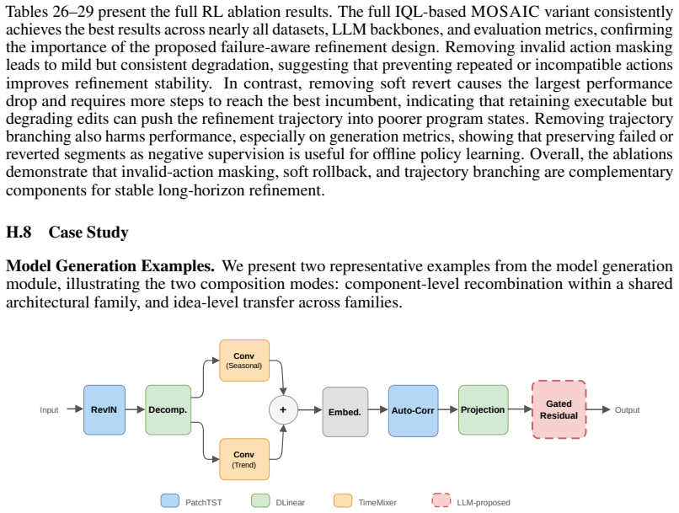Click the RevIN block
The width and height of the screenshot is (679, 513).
tap(104, 409)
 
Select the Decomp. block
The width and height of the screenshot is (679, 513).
tap(168, 409)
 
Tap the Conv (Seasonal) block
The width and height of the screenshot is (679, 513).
tap(244, 361)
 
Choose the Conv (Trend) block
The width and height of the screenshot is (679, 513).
tap(244, 459)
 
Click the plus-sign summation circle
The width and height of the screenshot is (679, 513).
tap(283, 409)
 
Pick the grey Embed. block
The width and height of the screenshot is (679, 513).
tap(345, 412)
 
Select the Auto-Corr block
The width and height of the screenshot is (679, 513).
tap(413, 410)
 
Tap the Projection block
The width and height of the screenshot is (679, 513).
tap(484, 409)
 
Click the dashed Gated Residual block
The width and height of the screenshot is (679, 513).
tap(559, 409)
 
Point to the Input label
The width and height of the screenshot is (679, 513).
tap(49, 410)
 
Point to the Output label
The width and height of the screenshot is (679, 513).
tap(627, 409)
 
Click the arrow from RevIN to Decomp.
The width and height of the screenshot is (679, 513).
tap(135, 409)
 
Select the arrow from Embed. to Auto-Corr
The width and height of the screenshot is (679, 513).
tap(378, 409)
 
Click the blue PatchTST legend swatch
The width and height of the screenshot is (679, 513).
tap(170, 500)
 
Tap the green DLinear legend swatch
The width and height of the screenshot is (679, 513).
tap(260, 500)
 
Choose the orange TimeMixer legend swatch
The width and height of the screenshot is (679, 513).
tap(343, 500)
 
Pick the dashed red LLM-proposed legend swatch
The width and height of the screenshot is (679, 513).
tap(441, 500)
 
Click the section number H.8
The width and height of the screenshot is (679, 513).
tap(19, 232)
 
